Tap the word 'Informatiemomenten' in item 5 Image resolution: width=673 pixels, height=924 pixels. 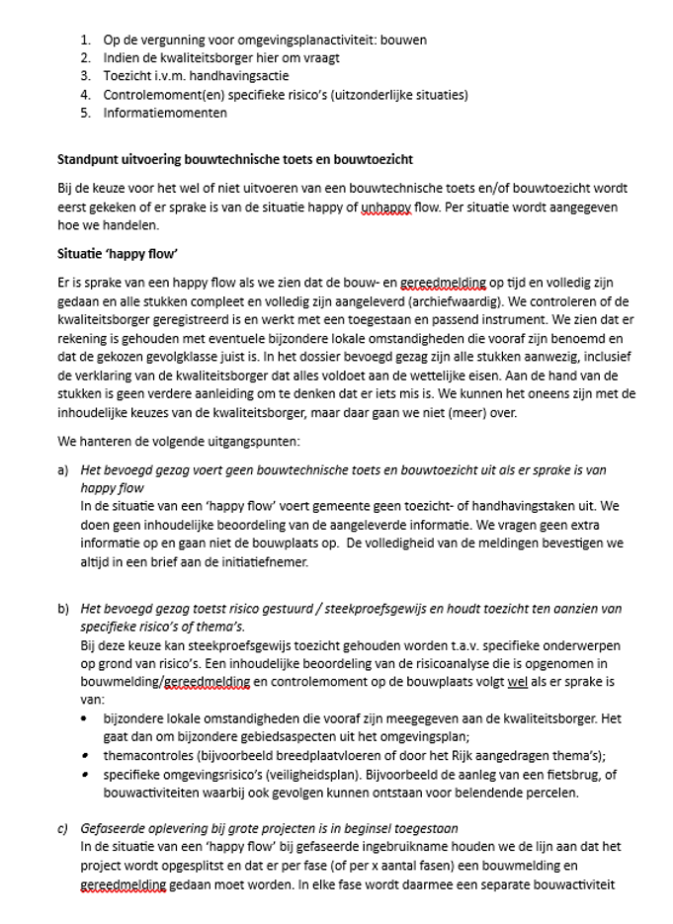pyautogui.click(x=165, y=113)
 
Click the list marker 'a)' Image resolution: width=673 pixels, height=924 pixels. pyautogui.click(x=63, y=470)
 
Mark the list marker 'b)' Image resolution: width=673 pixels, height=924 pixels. pyautogui.click(x=63, y=609)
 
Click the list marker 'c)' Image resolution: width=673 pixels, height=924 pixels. pyautogui.click(x=63, y=829)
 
